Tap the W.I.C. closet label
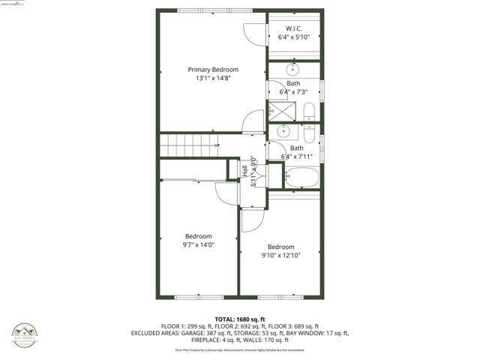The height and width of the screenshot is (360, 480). click(x=293, y=28)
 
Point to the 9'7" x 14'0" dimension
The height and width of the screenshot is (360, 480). click(x=199, y=244)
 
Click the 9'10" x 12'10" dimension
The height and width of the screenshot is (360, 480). click(x=281, y=256)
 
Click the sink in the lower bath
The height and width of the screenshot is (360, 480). click(x=283, y=131)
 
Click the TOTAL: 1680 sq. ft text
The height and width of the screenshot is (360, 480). click(x=240, y=319)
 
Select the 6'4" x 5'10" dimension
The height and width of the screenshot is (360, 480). click(x=293, y=37)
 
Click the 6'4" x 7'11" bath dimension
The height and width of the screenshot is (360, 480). click(x=297, y=157)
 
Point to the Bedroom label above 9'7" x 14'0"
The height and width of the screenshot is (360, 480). click(x=199, y=235)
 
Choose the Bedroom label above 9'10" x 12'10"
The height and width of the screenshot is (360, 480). click(x=281, y=247)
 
